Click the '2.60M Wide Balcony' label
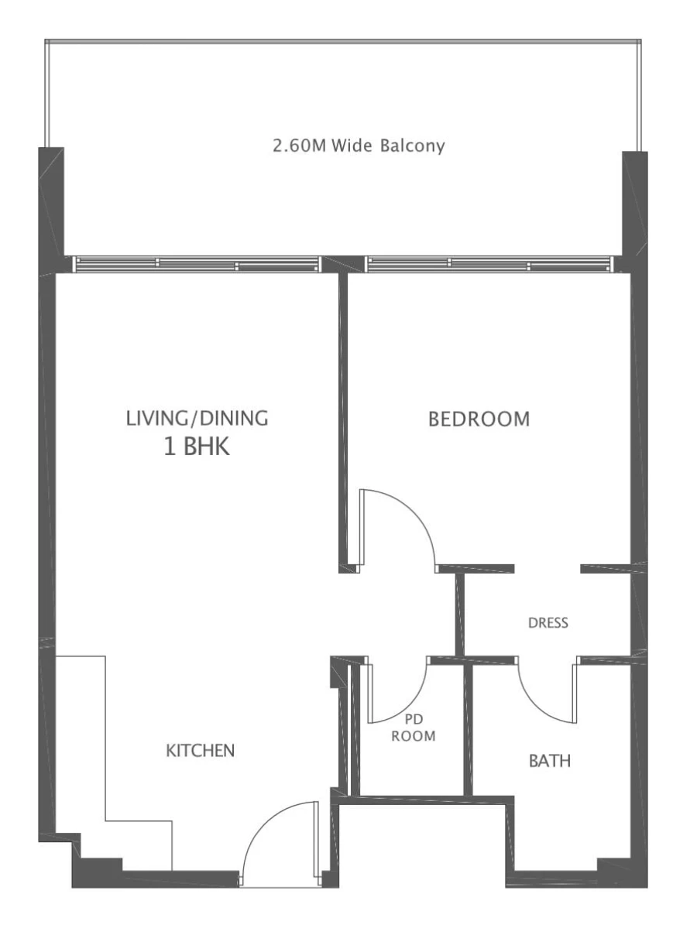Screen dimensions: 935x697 click(x=359, y=146)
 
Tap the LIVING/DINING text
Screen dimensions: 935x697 click(x=197, y=419)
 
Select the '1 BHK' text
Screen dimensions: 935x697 click(x=197, y=447)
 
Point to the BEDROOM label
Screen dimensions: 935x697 click(x=479, y=420)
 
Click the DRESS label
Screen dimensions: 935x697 click(x=548, y=623)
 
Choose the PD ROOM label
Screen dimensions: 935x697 click(x=413, y=728)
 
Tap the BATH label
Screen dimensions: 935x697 click(x=550, y=761)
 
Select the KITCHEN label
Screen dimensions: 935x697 click(x=201, y=751)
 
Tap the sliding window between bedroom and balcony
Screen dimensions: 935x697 click(x=488, y=264)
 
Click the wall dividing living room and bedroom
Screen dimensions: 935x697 click(x=342, y=418)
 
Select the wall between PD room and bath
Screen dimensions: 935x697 click(x=468, y=728)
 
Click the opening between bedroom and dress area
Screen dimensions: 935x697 click(x=547, y=569)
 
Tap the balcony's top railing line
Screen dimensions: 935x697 click(x=343, y=40)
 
